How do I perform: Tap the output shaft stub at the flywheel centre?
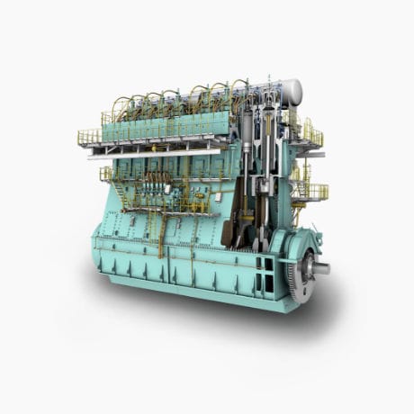[x=320, y=267]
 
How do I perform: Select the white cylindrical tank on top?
[x=289, y=90]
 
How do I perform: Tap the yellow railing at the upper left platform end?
[x=89, y=137]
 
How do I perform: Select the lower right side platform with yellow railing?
[x=309, y=192]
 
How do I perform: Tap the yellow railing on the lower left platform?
[x=106, y=173]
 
